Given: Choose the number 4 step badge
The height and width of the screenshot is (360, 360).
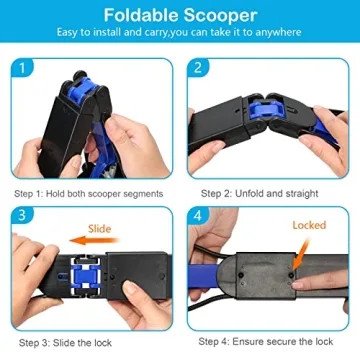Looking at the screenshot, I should click(198, 216).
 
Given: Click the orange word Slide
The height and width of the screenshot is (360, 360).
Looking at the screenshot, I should click(129, 227).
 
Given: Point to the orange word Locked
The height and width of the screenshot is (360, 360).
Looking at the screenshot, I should click(309, 225).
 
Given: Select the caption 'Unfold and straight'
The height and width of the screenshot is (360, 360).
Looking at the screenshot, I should click(280, 193).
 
